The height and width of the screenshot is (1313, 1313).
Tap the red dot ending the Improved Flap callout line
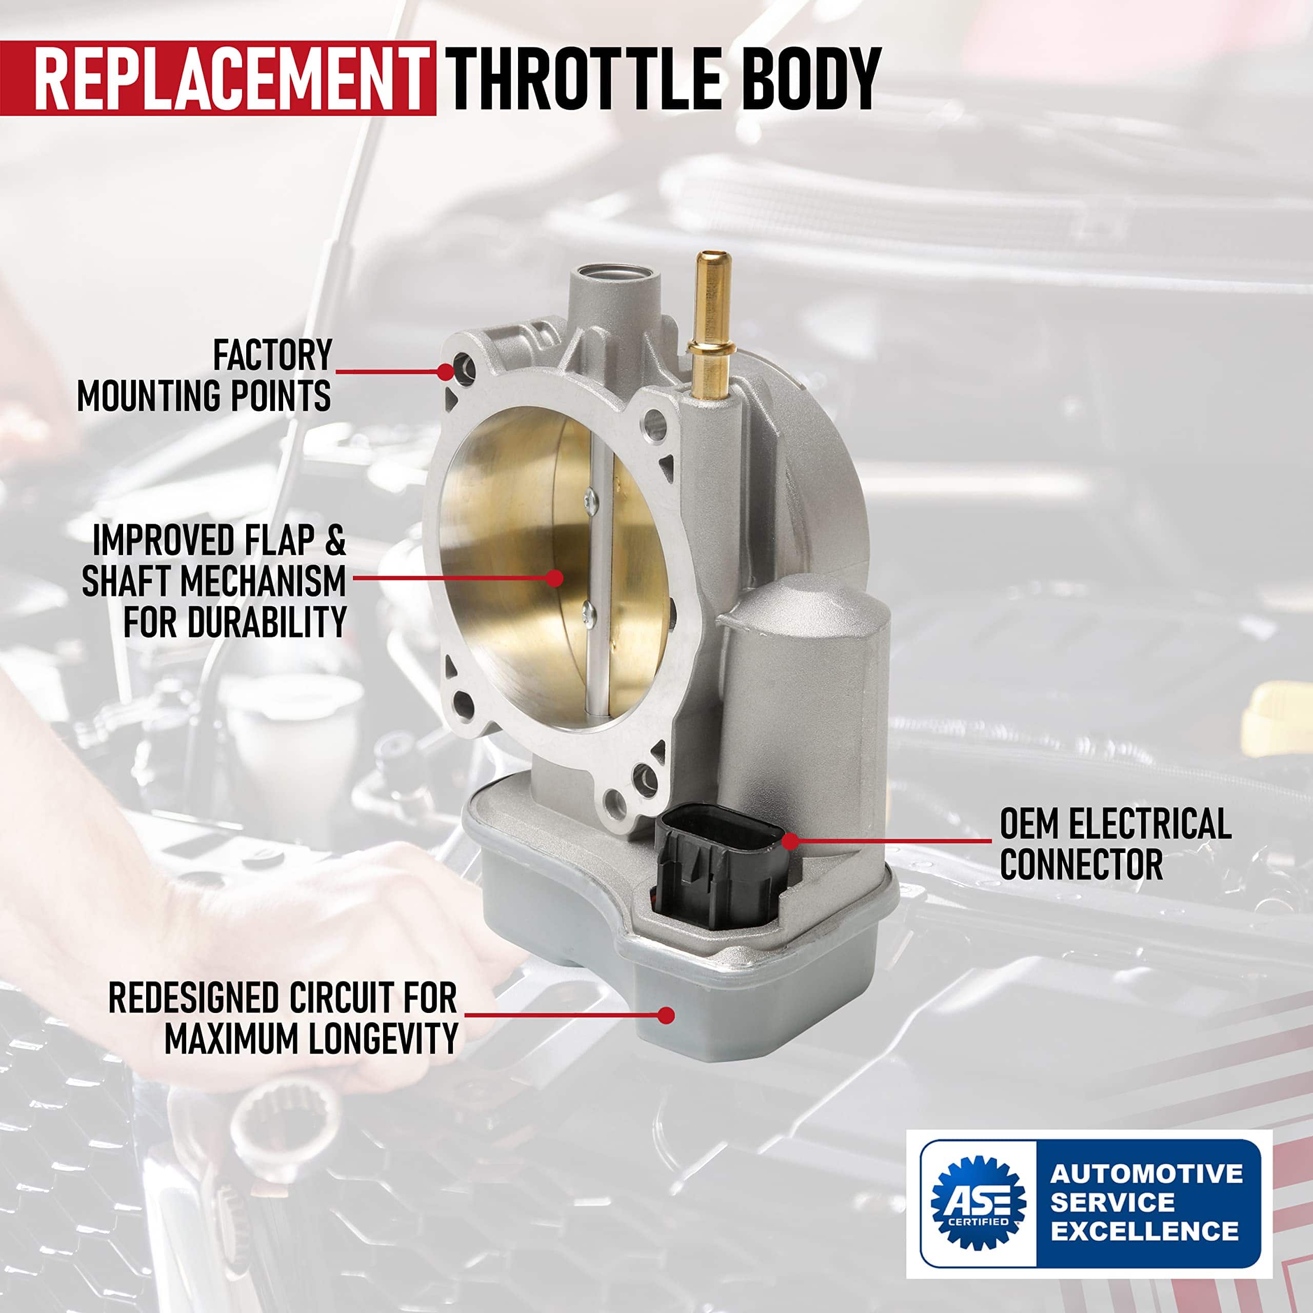(555, 578)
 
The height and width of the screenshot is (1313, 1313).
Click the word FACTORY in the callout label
(272, 355)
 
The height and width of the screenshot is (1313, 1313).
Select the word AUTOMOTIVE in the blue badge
(1146, 1173)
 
